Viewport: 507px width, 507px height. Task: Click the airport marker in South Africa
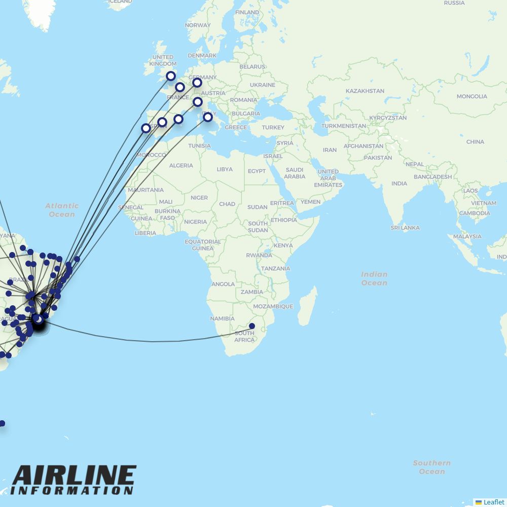[252, 326]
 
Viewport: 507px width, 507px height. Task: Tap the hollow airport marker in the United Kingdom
[171, 76]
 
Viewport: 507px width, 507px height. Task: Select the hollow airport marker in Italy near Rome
[208, 117]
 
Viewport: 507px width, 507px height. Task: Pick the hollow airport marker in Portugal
[146, 128]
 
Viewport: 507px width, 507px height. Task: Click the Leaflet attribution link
[493, 502]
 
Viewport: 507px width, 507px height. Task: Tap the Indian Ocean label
[374, 278]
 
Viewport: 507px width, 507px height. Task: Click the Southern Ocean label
[431, 467]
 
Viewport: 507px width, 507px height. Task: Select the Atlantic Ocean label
[62, 210]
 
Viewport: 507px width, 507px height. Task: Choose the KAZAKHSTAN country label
[365, 91]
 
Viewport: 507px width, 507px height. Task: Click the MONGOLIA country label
[472, 96]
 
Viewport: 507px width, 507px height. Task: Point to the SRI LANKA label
[405, 228]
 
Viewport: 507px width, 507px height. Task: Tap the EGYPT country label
[257, 171]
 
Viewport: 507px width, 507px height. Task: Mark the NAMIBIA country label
[223, 318]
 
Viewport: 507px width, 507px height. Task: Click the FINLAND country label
[247, 12]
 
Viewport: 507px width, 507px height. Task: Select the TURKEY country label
[273, 127]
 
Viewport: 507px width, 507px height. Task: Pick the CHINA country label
[475, 142]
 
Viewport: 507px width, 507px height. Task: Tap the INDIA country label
[399, 183]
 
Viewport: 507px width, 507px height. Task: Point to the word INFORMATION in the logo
[71, 491]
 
